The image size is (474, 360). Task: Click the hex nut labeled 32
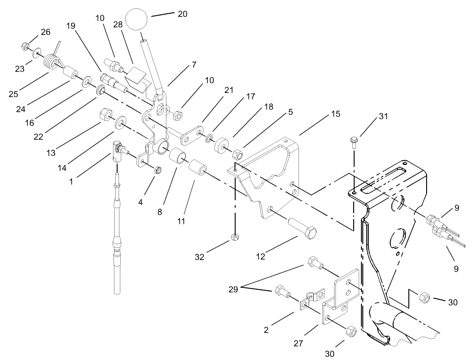point(235,237)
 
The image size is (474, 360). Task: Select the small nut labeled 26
point(26,46)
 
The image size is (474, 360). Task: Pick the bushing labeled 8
point(179,158)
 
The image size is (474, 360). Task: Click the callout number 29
point(232,288)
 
